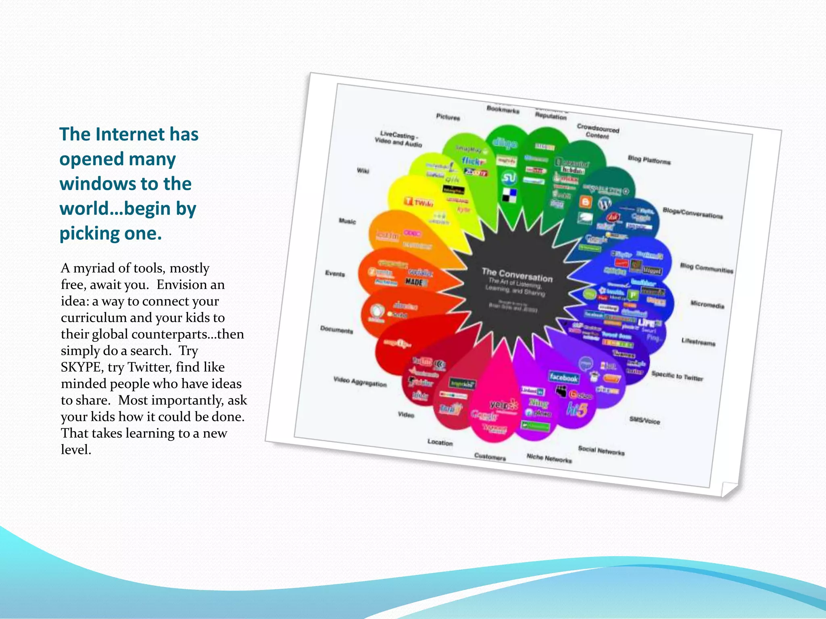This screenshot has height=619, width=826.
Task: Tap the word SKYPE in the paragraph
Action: pos(81,367)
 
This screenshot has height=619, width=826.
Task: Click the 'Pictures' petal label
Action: pos(448,117)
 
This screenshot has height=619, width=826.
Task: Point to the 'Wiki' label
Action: pos(363,171)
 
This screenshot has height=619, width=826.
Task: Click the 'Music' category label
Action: pos(347,221)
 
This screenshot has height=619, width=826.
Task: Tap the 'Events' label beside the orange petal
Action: pos(335,274)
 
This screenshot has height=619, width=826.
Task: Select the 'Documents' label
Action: pos(337,330)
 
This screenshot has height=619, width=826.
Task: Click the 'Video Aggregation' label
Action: pos(360,382)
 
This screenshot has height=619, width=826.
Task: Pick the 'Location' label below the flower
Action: pos(440,442)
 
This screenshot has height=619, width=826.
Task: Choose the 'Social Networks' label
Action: pos(601,451)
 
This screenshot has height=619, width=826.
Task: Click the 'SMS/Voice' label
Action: pos(645,420)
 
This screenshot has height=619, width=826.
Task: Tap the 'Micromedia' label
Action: pos(707,304)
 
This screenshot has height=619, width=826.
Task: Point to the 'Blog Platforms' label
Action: pos(649,160)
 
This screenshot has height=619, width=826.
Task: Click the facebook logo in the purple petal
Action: pos(563,378)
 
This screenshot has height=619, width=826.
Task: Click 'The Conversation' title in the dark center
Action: pos(517,275)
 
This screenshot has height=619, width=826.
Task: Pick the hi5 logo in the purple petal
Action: pos(577,409)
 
